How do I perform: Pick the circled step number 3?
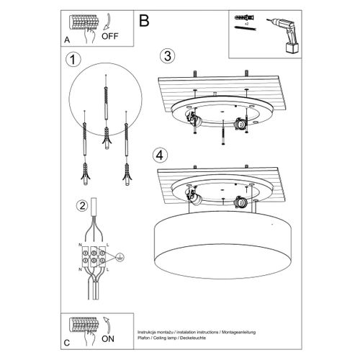click(166, 56)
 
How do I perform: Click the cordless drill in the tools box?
click(290, 36)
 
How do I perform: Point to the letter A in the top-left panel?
click(67, 40)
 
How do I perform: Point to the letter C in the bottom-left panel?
click(67, 341)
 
